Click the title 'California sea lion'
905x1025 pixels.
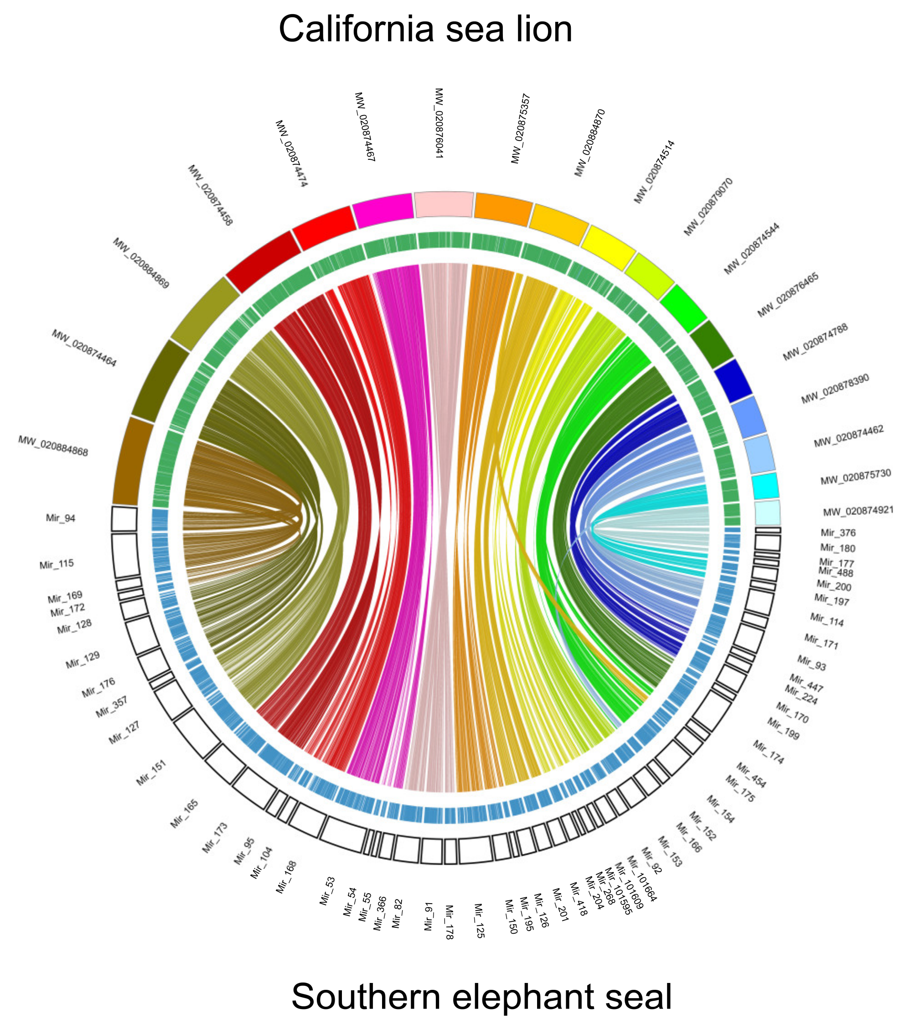coord(425,30)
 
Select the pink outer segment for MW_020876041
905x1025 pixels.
coord(444,204)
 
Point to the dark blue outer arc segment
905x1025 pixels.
coord(733,380)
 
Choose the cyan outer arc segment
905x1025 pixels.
coord(765,486)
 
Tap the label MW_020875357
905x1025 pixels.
coord(521,128)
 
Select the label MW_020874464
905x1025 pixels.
coord(84,348)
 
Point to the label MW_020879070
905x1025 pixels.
coord(708,206)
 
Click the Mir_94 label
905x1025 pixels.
coord(61,518)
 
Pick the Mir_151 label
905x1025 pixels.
coord(151,773)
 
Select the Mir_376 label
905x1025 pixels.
coord(838,533)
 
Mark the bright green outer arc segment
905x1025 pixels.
coord(683,308)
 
